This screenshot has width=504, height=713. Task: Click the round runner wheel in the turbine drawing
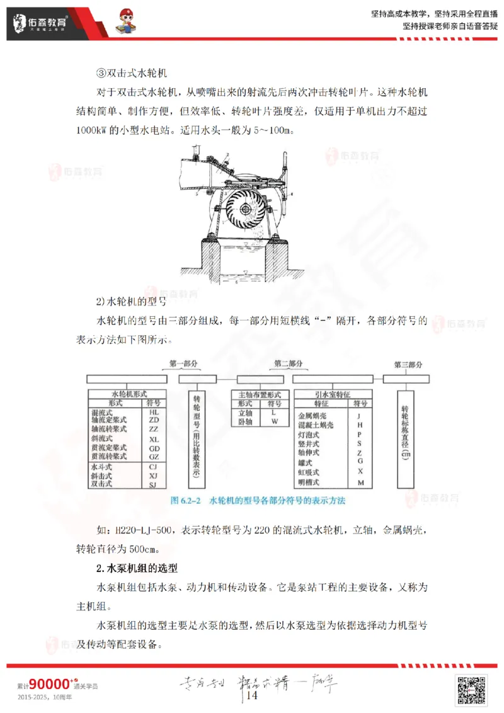coord(243,213)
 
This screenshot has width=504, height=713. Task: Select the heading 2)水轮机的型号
coord(130,300)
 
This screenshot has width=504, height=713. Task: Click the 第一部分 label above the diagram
coord(184,364)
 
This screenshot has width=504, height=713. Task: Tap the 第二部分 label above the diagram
coord(289,364)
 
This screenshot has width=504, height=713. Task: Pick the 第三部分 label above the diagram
coord(408,365)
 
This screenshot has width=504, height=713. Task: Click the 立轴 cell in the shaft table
coord(244,412)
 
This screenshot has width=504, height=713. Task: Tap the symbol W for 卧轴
coord(274,421)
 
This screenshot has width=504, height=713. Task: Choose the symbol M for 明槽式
coord(360,482)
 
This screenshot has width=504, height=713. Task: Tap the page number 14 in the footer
coord(252,695)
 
